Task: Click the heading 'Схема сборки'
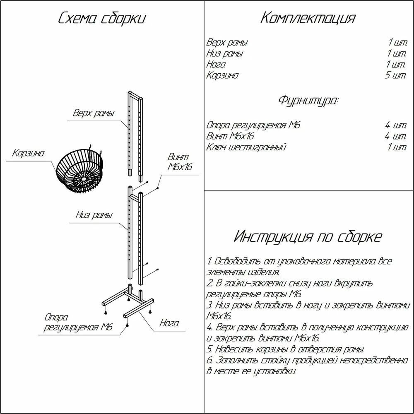(x=102, y=19)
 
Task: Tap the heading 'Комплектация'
(x=308, y=19)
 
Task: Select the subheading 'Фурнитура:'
(x=308, y=100)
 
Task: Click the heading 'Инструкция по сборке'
(x=308, y=237)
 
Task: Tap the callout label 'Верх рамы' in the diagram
(x=93, y=113)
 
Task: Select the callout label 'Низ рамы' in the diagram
(x=94, y=215)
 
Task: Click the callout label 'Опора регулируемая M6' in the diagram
(x=78, y=323)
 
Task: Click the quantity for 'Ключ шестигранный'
(x=397, y=147)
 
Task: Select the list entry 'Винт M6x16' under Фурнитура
(x=230, y=136)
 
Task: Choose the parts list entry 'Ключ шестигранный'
(x=246, y=147)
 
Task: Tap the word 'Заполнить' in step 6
(x=236, y=360)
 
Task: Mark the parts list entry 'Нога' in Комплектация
(x=216, y=65)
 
